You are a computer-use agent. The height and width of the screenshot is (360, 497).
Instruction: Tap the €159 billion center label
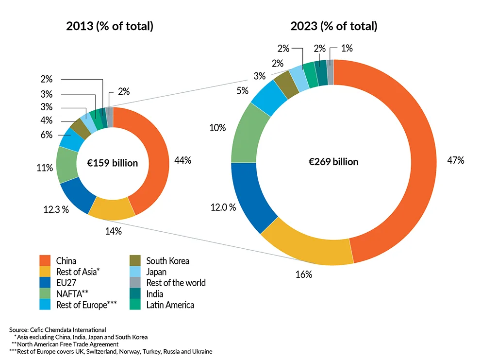click(x=113, y=163)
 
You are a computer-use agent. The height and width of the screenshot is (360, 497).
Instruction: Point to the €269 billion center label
click(x=333, y=162)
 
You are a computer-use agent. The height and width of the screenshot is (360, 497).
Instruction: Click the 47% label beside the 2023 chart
click(x=456, y=160)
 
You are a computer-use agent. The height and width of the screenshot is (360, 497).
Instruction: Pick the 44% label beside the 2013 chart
click(x=183, y=160)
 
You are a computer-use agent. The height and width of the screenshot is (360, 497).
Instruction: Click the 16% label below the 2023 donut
click(x=304, y=274)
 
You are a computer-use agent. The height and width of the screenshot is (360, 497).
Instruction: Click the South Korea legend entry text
click(x=167, y=261)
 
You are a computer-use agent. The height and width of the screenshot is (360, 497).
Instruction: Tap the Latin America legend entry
click(x=170, y=305)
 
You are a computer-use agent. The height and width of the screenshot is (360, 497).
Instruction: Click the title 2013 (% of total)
click(x=110, y=26)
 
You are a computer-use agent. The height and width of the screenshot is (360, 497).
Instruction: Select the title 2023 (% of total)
click(x=333, y=26)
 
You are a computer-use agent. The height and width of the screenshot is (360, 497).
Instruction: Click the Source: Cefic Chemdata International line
click(x=57, y=330)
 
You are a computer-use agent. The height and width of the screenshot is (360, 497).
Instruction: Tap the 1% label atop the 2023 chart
click(x=347, y=48)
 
